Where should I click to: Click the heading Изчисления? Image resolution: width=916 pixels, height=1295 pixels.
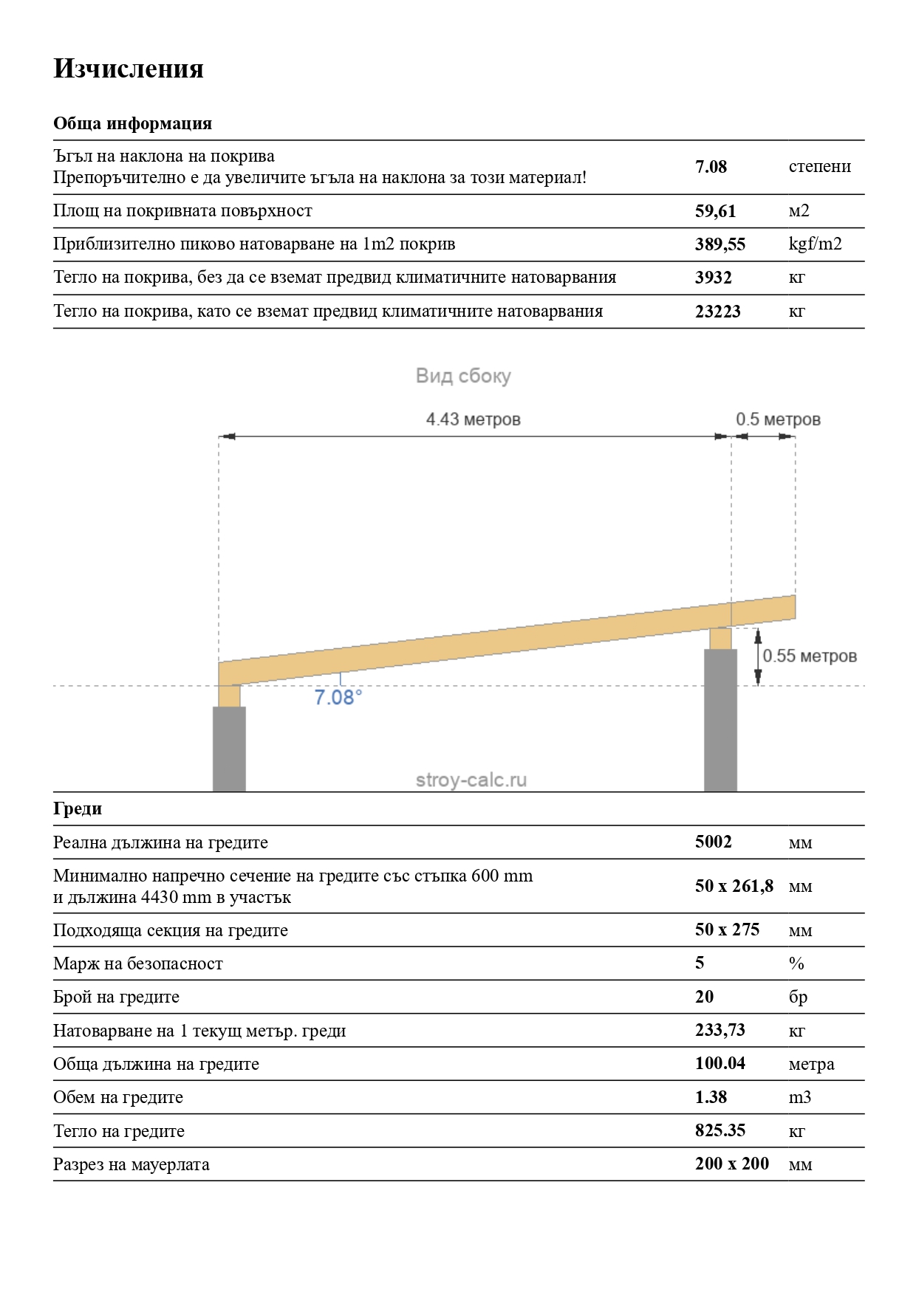pos(129,69)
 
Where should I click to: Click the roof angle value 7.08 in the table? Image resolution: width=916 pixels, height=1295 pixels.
pos(711,167)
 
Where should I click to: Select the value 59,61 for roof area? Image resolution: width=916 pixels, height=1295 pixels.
pos(715,211)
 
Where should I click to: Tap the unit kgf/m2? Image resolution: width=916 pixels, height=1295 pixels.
pos(815,244)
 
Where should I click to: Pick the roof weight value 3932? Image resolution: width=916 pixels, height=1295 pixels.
pos(713,278)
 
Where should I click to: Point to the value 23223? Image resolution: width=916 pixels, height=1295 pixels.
pos(717,312)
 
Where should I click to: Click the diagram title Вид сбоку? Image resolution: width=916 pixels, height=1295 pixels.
pos(463,377)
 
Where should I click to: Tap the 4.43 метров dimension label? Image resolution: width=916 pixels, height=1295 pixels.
pos(473,419)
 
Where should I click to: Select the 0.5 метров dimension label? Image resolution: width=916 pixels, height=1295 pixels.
pos(778,419)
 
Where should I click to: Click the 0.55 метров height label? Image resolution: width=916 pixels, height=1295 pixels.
pos(810,656)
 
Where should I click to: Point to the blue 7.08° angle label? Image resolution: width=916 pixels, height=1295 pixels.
pos(338,698)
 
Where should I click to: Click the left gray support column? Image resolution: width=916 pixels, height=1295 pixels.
pos(229,749)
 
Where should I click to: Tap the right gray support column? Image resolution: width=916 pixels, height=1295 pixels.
pos(720,720)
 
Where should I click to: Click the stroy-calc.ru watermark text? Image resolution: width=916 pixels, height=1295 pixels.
pos(471,780)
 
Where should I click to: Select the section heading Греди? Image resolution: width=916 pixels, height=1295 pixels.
pos(78,808)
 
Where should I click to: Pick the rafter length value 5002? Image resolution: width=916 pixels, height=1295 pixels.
pos(713,842)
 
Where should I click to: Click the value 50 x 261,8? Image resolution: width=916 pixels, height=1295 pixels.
pos(734,886)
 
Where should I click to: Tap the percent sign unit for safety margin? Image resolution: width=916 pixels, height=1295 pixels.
pos(796,963)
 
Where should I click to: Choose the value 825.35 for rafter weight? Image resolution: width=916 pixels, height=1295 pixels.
pos(720,1130)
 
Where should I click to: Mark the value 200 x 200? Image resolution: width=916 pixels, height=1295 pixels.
pos(731,1164)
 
